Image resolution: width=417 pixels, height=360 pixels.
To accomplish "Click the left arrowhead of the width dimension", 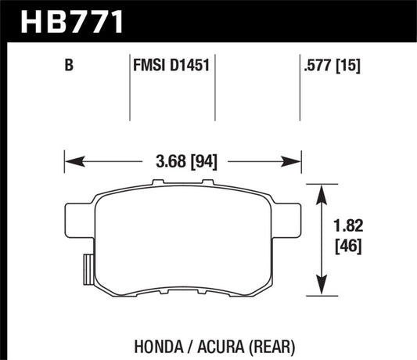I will click(x=71, y=163).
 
